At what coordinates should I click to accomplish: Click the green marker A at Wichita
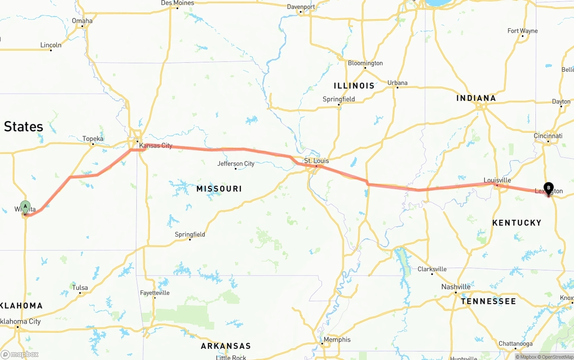tap(26, 207)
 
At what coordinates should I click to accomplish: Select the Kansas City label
tap(156, 146)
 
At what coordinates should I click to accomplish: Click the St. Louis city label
tap(316, 161)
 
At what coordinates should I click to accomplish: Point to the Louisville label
tap(497, 180)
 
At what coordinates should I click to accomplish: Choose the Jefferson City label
tap(236, 164)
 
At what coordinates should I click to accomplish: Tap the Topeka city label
tap(93, 139)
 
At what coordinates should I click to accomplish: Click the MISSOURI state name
tap(219, 189)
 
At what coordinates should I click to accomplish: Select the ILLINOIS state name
tap(354, 86)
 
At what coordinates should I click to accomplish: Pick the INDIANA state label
tap(476, 98)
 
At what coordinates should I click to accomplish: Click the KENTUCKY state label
tap(517, 223)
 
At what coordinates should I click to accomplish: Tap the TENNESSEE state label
tap(488, 301)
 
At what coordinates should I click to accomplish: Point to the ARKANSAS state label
tap(226, 346)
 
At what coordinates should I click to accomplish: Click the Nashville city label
tap(456, 287)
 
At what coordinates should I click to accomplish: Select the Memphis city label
tap(337, 339)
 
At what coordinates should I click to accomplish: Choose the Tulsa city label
tap(80, 288)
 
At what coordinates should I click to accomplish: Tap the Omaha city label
tap(82, 21)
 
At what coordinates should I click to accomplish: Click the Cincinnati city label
tap(548, 136)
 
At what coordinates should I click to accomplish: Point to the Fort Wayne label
tap(522, 31)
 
